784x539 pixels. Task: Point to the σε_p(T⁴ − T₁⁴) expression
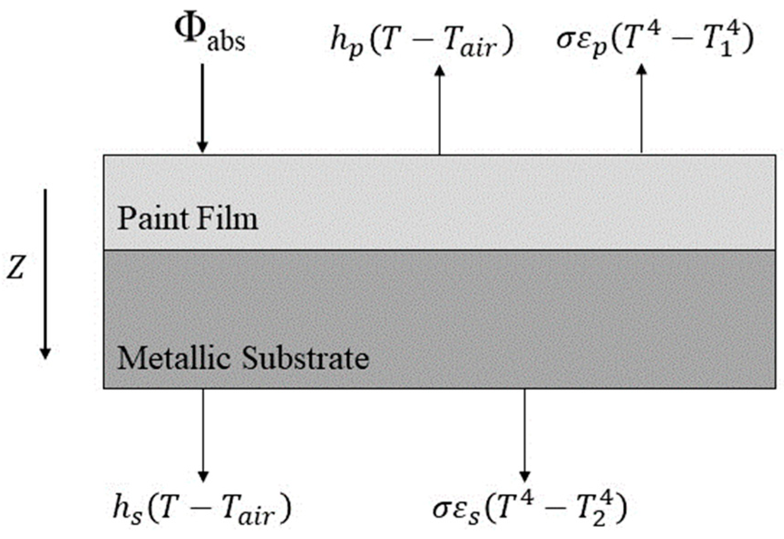point(655,41)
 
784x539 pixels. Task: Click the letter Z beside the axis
point(15,269)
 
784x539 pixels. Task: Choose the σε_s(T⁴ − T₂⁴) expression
point(530,509)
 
